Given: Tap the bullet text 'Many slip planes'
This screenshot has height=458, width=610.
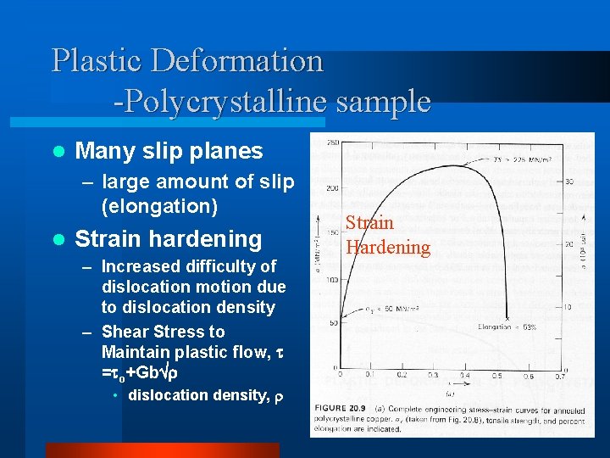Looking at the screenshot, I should click(169, 151).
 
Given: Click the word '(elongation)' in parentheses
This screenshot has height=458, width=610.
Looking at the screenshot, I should click(159, 205).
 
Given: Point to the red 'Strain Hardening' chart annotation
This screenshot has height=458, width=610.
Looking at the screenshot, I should click(387, 235).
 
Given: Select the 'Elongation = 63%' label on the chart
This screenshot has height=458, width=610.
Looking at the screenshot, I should click(507, 326).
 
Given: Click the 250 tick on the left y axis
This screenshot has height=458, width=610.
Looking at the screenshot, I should click(331, 141).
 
